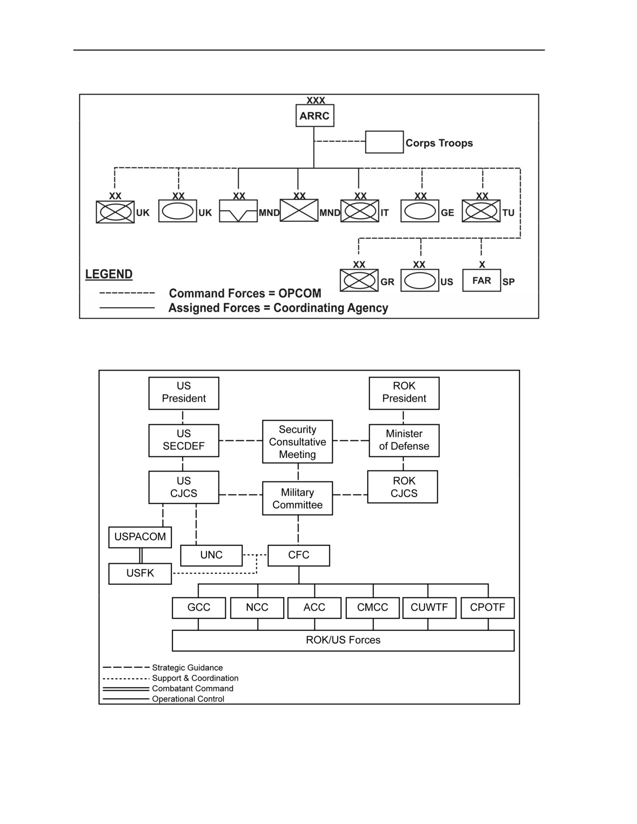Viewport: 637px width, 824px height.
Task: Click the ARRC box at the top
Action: point(315,116)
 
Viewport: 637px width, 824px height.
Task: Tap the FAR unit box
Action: point(482,280)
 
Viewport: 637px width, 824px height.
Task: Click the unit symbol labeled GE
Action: point(420,211)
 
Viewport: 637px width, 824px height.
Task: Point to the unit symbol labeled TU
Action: point(481,211)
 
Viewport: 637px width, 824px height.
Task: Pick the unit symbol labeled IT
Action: point(359,211)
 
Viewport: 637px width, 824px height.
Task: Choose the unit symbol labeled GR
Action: point(359,280)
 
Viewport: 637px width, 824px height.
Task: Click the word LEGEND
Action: point(109,274)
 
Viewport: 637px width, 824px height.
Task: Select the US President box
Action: point(184,393)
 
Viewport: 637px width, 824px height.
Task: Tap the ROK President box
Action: point(404,393)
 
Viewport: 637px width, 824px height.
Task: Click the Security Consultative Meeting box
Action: point(297,441)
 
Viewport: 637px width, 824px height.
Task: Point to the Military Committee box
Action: point(297,498)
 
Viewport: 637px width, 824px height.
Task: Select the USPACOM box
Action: point(140,537)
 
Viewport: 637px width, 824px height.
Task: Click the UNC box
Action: point(211,555)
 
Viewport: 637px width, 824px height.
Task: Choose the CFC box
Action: point(299,555)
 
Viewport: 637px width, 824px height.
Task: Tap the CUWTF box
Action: point(429,608)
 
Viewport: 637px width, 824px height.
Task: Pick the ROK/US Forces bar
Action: point(343,640)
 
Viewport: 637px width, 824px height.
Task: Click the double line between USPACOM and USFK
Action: point(141,555)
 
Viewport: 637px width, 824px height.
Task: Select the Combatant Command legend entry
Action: point(168,688)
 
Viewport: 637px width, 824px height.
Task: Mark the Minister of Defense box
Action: point(404,440)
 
